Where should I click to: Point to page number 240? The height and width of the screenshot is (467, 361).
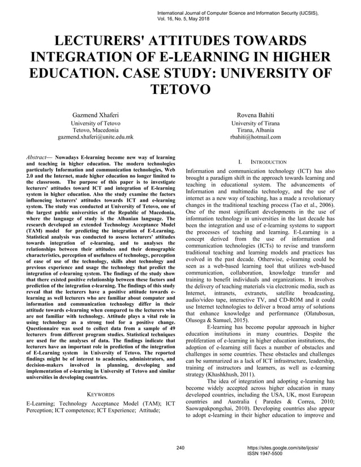[x=180, y=448]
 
